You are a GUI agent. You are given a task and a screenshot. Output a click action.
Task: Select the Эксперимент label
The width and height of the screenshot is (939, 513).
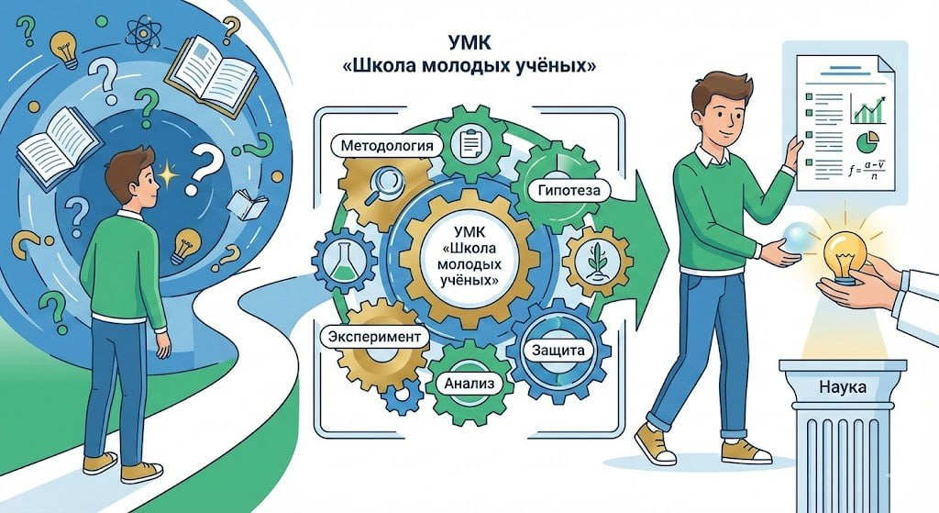point(374,337)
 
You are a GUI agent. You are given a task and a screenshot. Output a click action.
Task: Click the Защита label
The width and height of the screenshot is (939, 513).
point(552,350)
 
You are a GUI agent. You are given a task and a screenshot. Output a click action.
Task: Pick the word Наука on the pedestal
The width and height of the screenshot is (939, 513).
point(844,387)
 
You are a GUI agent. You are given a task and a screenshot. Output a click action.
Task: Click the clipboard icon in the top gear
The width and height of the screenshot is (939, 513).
point(472,143)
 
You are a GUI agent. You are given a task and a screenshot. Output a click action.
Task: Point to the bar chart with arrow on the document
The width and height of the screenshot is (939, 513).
point(867,110)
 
